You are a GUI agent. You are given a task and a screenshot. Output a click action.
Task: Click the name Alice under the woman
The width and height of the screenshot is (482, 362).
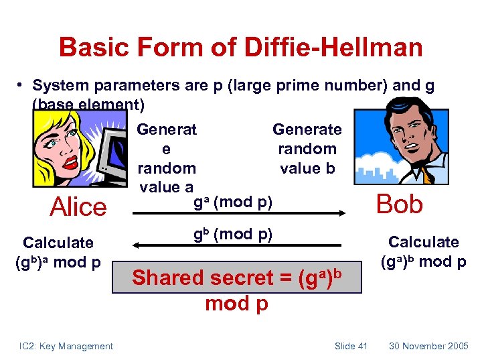[x=78, y=206]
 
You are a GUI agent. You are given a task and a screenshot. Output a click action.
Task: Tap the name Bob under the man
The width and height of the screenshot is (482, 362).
[x=400, y=203]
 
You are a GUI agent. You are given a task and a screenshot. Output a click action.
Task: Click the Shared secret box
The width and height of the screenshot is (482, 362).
[x=246, y=278]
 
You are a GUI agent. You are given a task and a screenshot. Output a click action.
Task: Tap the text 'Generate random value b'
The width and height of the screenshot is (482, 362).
[x=307, y=148]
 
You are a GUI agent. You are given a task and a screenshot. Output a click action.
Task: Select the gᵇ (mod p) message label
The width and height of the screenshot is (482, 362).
[x=232, y=235]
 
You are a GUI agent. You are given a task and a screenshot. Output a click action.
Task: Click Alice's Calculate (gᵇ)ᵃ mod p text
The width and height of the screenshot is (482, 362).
[x=58, y=252]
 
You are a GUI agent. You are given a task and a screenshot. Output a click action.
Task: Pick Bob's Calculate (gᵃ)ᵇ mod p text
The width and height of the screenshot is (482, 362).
[x=423, y=252]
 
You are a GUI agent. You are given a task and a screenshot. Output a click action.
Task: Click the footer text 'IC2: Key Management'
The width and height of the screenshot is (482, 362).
[x=66, y=346]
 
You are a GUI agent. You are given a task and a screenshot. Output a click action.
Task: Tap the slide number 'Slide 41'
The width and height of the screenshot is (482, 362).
[x=351, y=346]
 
